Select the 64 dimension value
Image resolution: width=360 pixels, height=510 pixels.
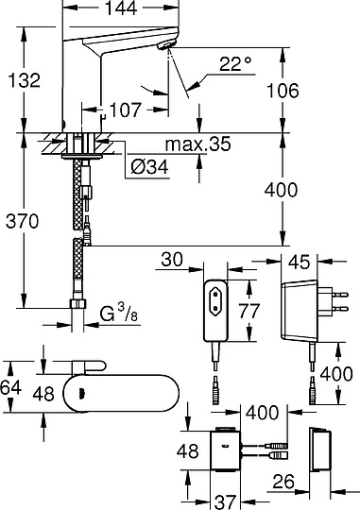pyautogui.click(x=10, y=388)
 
